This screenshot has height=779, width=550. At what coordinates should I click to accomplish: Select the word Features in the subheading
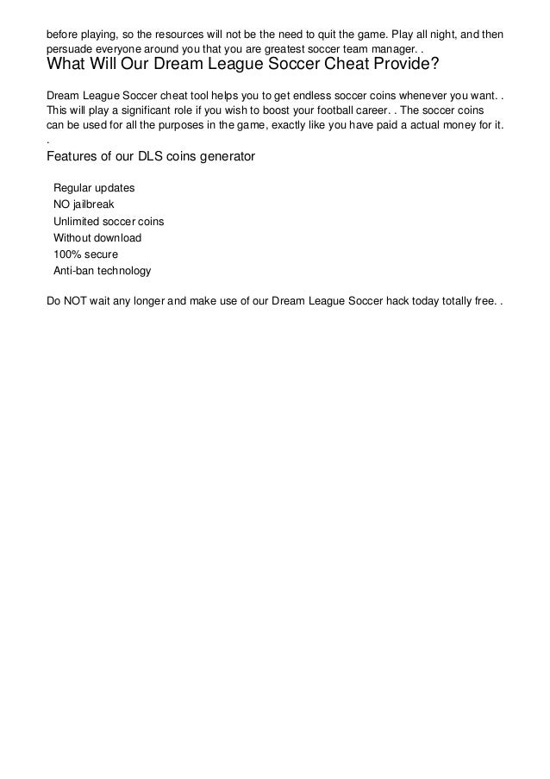[73, 158]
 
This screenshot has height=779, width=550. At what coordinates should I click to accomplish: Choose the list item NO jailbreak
[84, 204]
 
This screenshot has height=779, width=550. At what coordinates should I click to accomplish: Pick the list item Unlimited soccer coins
[109, 221]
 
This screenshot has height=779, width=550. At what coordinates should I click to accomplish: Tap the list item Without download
[97, 237]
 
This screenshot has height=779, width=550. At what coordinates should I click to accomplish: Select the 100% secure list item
[86, 254]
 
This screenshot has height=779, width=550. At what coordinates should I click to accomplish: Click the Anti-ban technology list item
[102, 270]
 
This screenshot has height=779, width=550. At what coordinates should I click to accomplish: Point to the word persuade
[70, 49]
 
